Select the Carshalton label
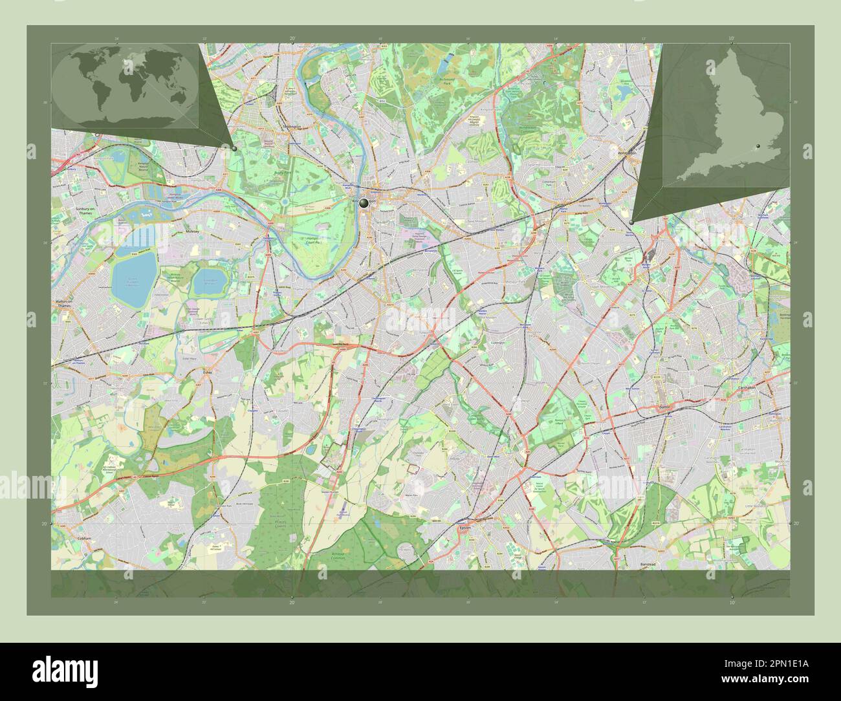[747, 387]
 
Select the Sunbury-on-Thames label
[72, 211]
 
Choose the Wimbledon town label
[627, 153]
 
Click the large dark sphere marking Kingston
[364, 203]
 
